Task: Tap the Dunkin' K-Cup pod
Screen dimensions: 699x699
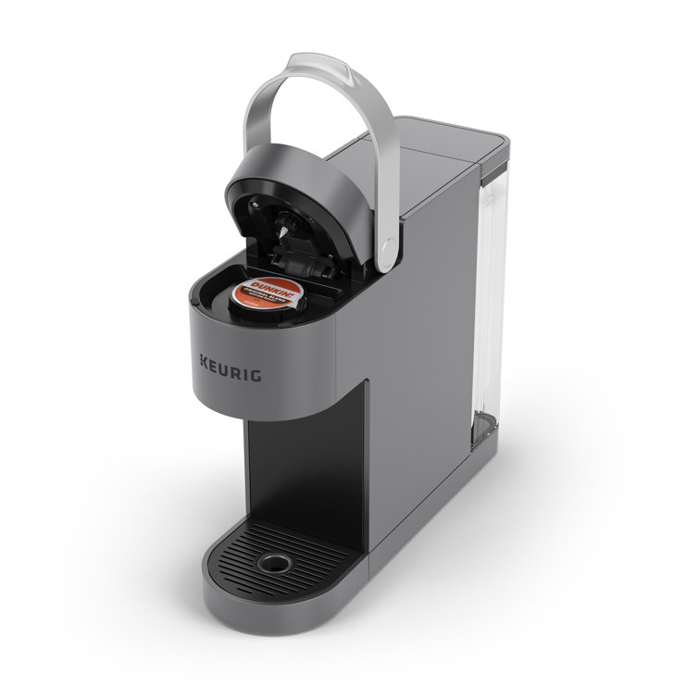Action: coord(268,295)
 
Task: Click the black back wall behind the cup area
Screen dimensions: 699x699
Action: coord(296,463)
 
